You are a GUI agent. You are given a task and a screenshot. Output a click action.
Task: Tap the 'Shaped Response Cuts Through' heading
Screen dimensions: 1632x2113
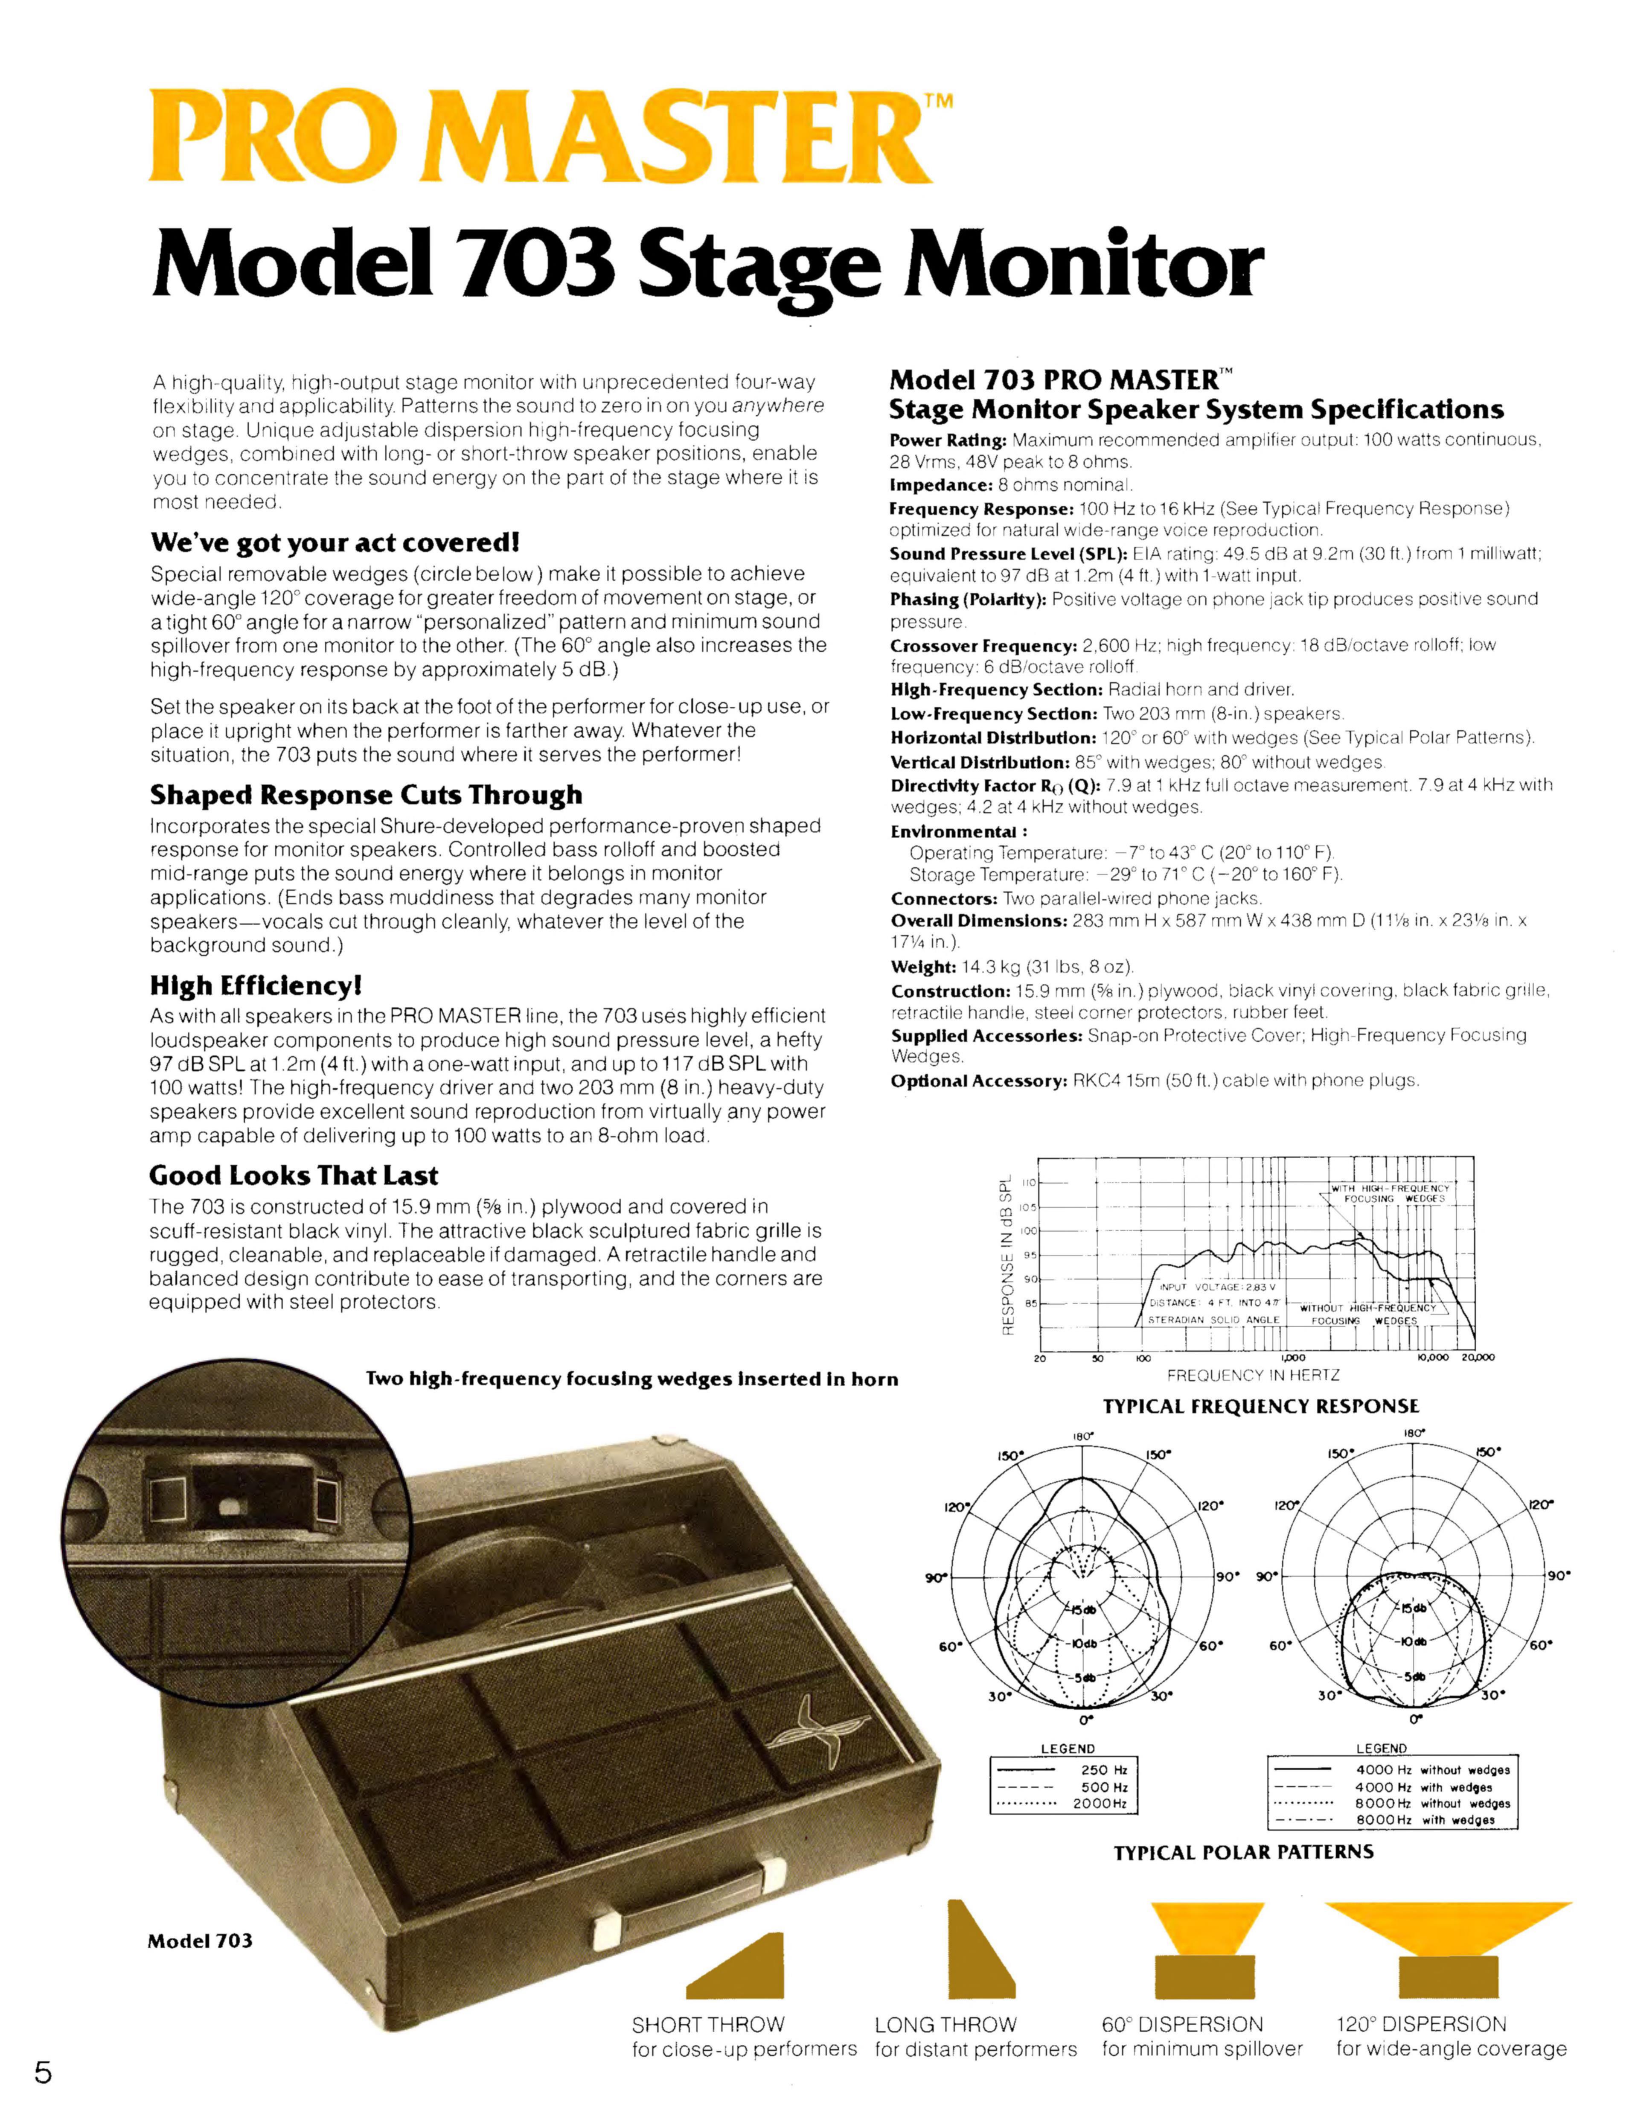[x=366, y=795]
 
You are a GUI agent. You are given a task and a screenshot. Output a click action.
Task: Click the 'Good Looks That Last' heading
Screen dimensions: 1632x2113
[x=293, y=1175]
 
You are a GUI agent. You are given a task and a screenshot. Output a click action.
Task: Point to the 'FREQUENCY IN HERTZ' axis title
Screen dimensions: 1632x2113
[x=1253, y=1375]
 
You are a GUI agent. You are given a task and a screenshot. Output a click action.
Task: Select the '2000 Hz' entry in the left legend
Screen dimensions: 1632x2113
[x=1100, y=1804]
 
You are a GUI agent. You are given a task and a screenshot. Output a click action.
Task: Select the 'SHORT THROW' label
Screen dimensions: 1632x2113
[x=708, y=2024]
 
